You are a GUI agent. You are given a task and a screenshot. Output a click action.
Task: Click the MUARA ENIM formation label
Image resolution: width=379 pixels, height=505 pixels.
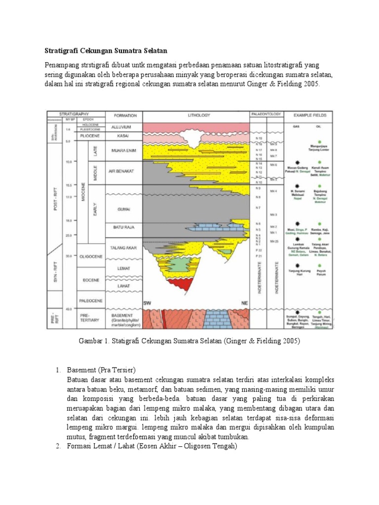123,151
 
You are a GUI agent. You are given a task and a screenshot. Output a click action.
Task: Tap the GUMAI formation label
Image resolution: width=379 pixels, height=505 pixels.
123,209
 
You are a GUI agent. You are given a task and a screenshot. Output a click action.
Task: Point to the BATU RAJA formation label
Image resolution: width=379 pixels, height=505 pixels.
123,227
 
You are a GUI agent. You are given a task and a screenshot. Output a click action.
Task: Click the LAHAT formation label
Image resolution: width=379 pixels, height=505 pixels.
123,286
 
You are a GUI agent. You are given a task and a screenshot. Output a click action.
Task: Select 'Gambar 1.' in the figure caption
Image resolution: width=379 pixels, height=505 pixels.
93,341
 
